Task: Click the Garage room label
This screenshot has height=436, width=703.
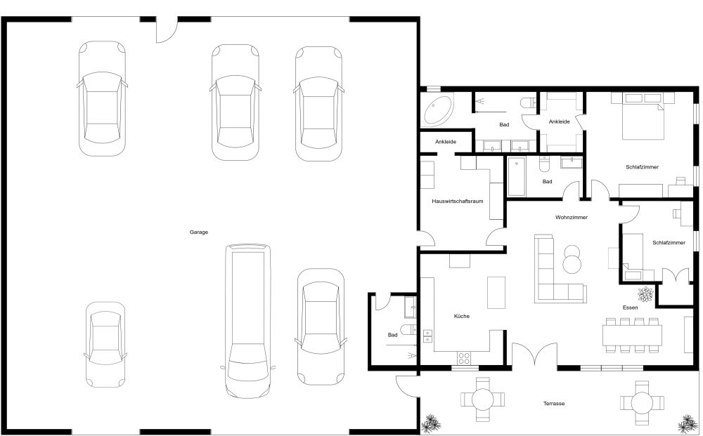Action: click(x=199, y=232)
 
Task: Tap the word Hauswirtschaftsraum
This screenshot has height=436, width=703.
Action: click(x=457, y=202)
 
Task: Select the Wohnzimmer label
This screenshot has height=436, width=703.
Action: click(x=571, y=218)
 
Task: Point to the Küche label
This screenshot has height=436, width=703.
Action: click(x=461, y=316)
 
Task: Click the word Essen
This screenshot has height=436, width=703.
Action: click(x=630, y=308)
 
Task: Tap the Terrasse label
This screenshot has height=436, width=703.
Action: click(x=554, y=403)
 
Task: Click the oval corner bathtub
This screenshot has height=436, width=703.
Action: click(x=438, y=110)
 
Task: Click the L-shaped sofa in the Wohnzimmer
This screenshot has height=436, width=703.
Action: click(x=555, y=274)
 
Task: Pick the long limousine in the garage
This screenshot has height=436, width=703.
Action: click(x=247, y=319)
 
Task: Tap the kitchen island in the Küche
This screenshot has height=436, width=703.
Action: click(x=496, y=291)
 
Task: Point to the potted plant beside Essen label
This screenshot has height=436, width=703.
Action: click(x=645, y=293)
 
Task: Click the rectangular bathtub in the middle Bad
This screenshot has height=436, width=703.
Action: click(x=517, y=177)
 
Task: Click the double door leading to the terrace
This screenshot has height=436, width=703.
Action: click(x=536, y=355)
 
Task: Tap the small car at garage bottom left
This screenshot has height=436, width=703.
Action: click(x=105, y=344)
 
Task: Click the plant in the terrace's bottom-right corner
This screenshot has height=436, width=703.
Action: click(x=685, y=423)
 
